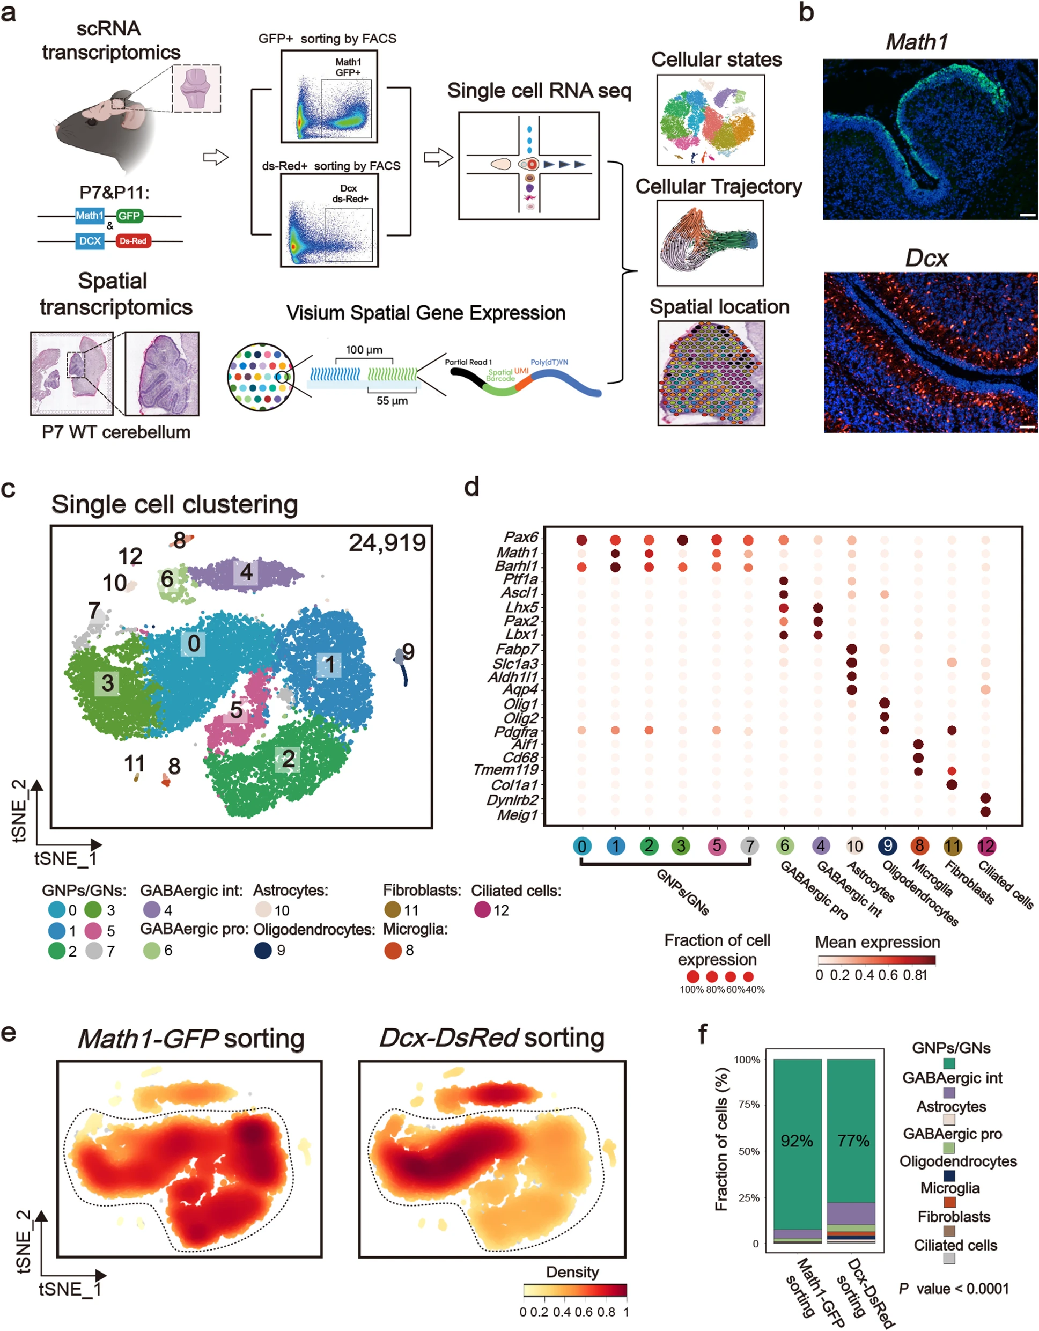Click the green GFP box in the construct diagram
(129, 216)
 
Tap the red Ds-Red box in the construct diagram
(133, 241)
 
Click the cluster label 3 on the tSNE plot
(108, 682)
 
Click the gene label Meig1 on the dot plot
(518, 814)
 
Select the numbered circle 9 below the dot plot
(887, 846)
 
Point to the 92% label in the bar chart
(797, 1141)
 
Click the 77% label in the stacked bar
(852, 1141)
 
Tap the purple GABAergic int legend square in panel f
(949, 1093)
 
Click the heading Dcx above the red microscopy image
(926, 259)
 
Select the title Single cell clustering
(174, 505)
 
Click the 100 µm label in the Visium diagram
(364, 350)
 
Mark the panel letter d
(471, 487)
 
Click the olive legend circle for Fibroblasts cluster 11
(392, 910)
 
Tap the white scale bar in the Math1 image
(1027, 215)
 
